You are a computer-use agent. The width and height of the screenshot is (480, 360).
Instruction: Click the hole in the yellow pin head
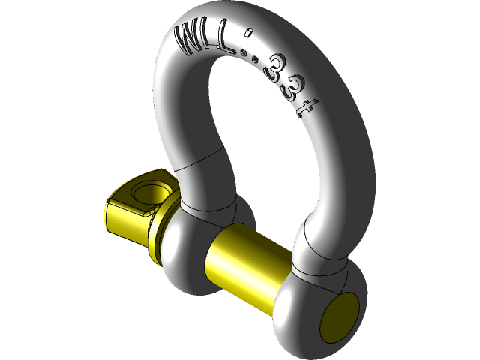[153, 189]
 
